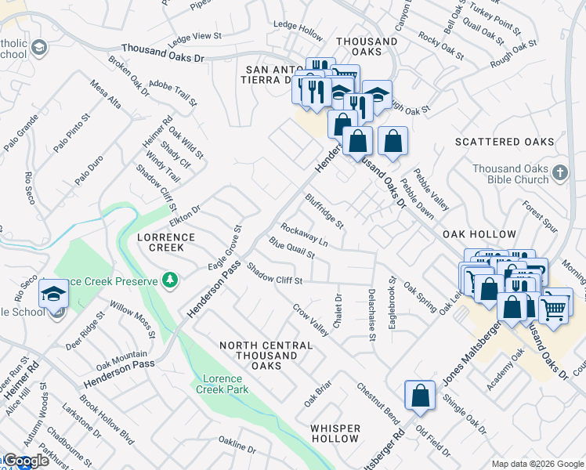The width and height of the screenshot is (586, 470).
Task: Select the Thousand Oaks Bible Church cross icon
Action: tap(559, 173)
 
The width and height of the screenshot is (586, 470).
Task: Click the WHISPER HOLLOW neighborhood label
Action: tap(335, 433)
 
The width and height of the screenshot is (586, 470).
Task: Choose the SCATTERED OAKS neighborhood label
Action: tap(505, 142)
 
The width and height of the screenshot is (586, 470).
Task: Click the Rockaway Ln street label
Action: tap(304, 236)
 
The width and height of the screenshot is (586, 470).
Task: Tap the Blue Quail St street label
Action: tap(291, 248)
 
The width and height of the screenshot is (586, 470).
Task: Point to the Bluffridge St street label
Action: tap(324, 211)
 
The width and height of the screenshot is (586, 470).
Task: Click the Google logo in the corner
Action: tap(25, 461)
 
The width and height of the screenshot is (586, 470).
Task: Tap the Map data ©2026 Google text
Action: tap(537, 464)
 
